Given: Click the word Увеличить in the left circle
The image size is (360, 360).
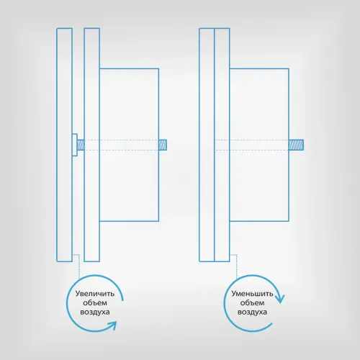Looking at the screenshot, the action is point(95,294).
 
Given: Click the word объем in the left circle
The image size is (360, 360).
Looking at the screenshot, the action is point(95,303).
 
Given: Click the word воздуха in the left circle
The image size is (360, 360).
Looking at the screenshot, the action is point(95,312).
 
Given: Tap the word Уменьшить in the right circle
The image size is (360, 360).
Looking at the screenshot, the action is point(252,294).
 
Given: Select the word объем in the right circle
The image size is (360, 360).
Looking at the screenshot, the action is point(252,303).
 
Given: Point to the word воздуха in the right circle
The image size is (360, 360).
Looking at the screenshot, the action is point(252,312).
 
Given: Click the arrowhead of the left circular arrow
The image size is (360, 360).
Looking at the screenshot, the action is point(112,325).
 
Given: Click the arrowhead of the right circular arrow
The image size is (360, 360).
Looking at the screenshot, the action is point(280,298).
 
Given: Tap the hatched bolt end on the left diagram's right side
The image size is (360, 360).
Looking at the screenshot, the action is point(163,145).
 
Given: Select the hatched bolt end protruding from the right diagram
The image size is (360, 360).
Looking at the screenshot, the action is point(296,145).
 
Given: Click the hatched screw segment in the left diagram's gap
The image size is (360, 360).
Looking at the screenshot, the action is point(81,145).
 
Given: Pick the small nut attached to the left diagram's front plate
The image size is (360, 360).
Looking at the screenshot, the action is point(75,145).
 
